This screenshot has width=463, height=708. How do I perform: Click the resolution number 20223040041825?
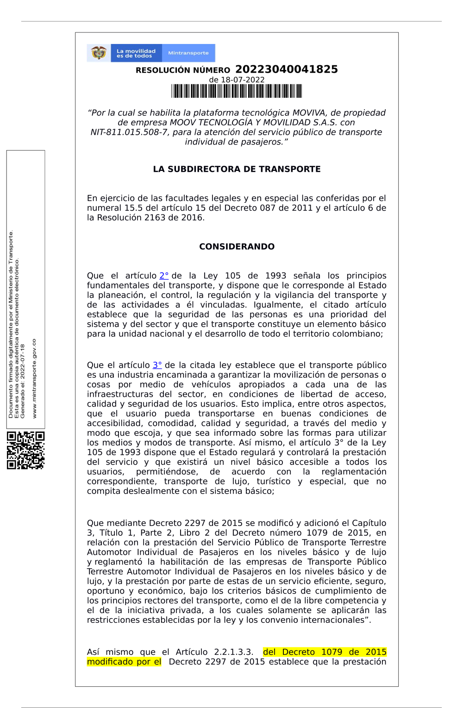coord(286,69)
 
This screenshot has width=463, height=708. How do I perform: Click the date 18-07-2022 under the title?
coord(243,80)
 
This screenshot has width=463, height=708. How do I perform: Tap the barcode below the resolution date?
coord(237,91)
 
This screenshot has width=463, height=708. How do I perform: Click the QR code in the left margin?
coord(26,450)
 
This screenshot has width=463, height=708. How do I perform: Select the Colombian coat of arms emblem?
coord(99,53)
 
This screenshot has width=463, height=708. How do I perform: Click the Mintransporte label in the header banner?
coord(188,53)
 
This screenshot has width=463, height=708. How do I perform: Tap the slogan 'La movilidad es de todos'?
coord(136,53)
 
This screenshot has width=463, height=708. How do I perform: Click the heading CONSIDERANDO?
coord(237,247)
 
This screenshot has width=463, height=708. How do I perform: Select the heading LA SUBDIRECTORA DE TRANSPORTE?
coord(237,169)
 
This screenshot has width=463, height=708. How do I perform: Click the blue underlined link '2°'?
coord(164,276)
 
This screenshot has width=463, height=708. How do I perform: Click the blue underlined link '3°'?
coord(157,365)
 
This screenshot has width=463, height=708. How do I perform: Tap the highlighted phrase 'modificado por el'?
coord(124,662)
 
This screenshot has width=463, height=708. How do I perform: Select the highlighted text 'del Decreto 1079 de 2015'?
coord(325,652)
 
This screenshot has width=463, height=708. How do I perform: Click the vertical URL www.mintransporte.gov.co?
coord(34,378)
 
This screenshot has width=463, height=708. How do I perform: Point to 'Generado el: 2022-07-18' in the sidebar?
coord(22,381)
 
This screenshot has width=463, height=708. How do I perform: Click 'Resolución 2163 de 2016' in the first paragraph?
coord(150,218)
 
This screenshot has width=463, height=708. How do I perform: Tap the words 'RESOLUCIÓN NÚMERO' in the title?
coord(183,70)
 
